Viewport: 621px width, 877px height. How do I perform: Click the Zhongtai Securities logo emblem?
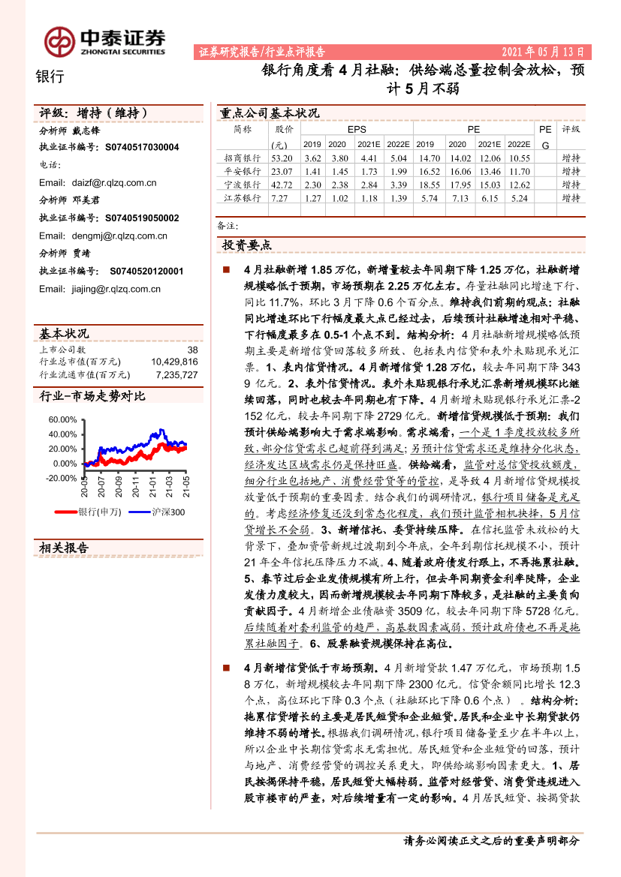pos(59,41)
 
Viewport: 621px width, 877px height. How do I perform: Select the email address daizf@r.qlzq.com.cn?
pos(103,182)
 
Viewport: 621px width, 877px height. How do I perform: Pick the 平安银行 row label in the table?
pos(243,171)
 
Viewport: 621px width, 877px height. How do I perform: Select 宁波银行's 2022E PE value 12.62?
pos(518,185)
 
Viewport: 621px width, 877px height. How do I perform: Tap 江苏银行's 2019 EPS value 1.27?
pos(312,198)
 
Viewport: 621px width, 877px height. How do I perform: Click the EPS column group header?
pos(356,129)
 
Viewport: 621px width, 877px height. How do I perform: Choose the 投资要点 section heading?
pos(247,245)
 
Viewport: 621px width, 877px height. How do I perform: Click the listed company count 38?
pos(192,350)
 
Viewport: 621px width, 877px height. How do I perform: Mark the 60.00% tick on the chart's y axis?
pos(62,420)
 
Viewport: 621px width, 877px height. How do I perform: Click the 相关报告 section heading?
pos(64,548)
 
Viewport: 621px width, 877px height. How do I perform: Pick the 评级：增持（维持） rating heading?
pos(93,113)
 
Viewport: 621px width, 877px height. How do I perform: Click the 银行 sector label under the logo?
pos(50,76)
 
